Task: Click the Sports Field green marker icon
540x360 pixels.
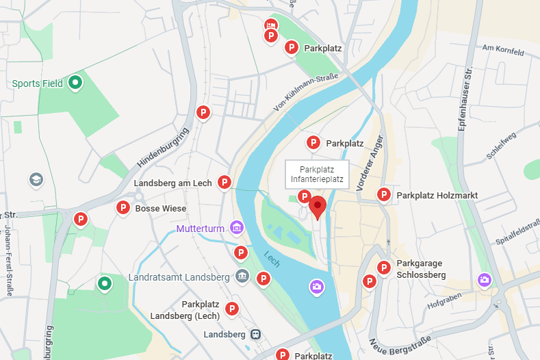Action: (x=76, y=83)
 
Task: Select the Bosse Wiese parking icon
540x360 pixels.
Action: (x=123, y=208)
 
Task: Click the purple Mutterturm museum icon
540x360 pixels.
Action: (x=236, y=228)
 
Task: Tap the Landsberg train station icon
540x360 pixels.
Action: (x=255, y=335)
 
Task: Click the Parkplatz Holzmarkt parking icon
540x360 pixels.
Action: (x=384, y=195)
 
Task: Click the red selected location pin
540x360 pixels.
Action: (x=317, y=207)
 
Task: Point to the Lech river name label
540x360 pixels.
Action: (x=272, y=260)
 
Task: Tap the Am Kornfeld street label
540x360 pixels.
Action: (x=503, y=50)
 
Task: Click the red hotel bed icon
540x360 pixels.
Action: (x=271, y=25)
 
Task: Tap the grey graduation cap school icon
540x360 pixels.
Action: (x=36, y=179)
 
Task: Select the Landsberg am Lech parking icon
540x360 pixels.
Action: (x=224, y=182)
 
